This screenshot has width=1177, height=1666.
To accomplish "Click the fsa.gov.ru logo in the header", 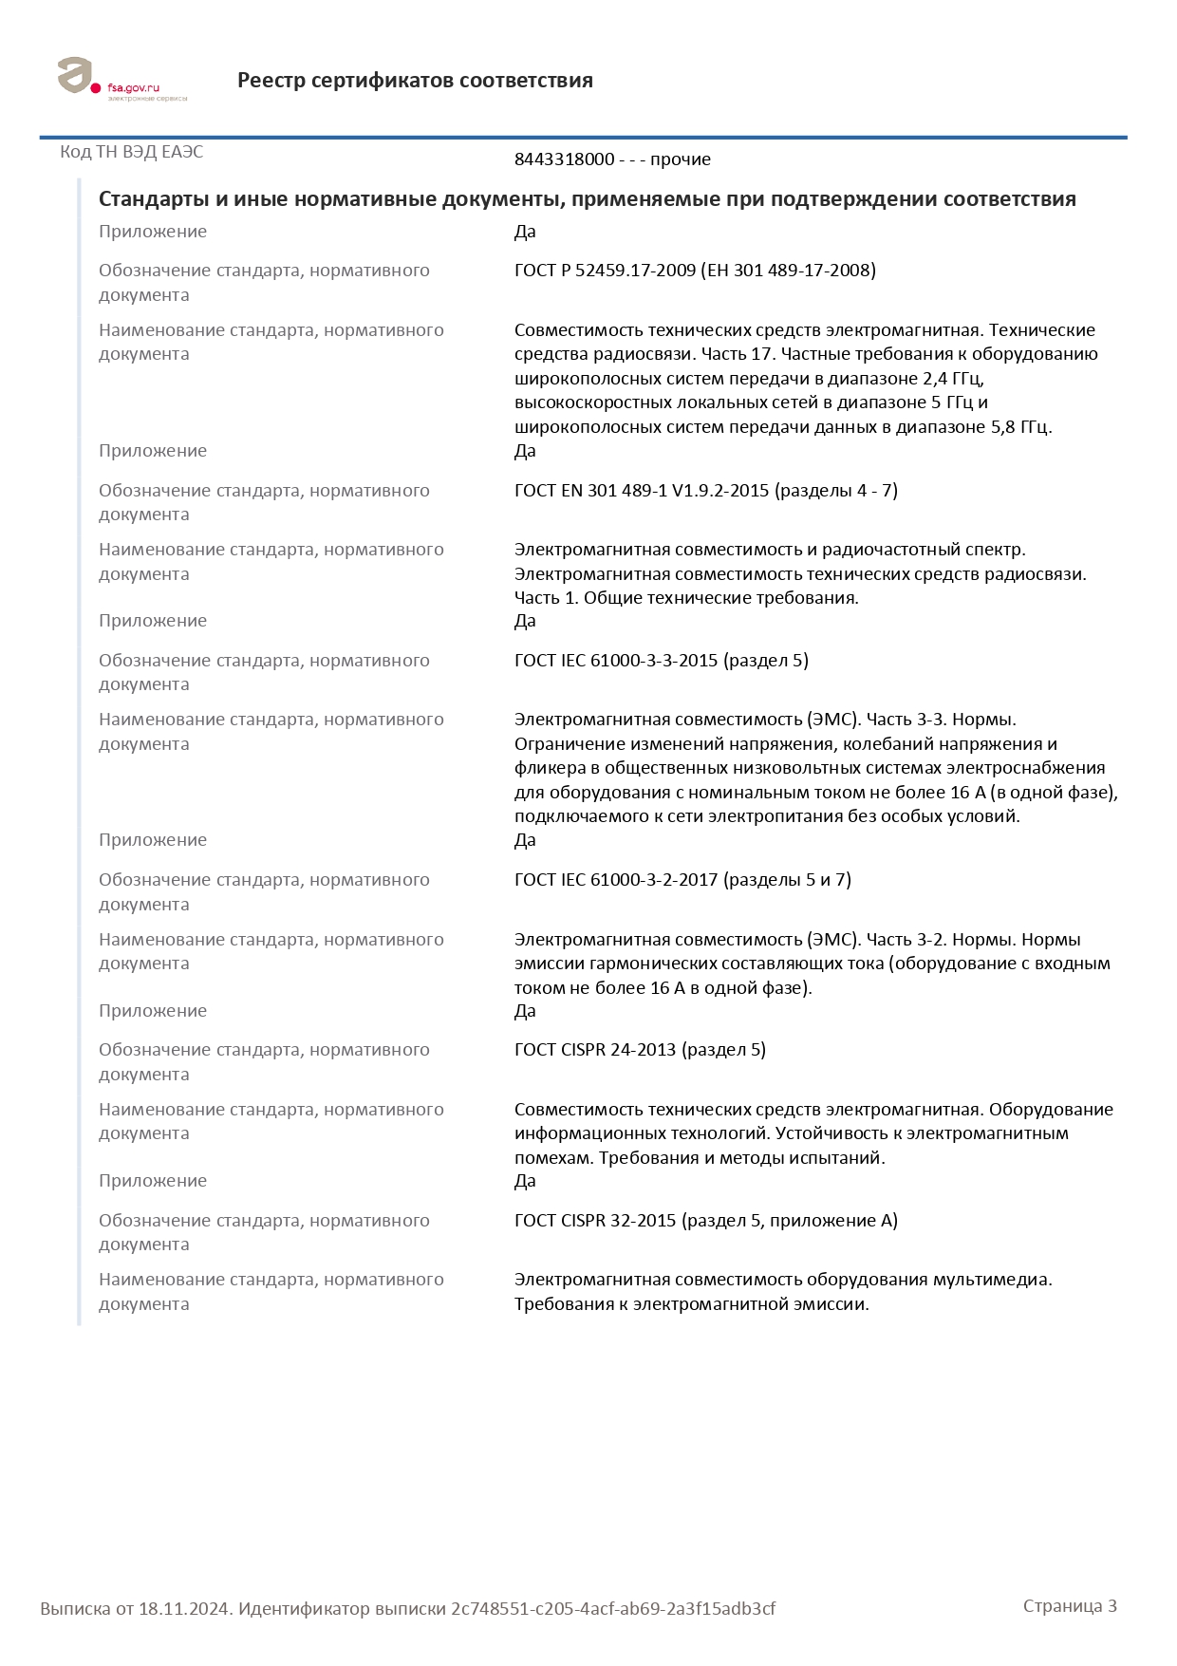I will coord(121,80).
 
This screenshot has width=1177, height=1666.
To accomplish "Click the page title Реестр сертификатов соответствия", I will coord(415,81).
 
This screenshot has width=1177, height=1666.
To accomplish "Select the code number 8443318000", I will coord(564,159).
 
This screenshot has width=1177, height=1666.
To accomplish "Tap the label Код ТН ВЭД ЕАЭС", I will coord(131,152).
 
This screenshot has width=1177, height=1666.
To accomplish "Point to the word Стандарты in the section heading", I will coord(153,199).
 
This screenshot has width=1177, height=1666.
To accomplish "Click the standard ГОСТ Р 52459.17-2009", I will coord(605,271).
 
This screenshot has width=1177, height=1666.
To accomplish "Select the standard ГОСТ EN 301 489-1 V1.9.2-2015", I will coord(642,491).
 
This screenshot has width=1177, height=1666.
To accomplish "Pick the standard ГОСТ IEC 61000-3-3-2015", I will coord(616,661).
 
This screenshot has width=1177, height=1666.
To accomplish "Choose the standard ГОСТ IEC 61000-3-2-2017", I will coord(616,880).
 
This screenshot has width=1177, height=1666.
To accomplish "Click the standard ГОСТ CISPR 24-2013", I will coord(595,1050).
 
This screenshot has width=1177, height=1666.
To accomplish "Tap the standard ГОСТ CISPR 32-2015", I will coord(595,1221).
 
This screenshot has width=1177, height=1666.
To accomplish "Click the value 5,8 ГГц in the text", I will coord(1020,427).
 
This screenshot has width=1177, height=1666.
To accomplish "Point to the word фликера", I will coord(547,768).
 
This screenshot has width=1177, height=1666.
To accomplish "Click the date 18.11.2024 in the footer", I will coord(184,1609).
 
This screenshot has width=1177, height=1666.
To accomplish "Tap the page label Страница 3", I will coord(1070,1606).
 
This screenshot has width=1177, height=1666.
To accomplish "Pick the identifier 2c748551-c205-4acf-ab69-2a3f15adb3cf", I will coord(613,1609).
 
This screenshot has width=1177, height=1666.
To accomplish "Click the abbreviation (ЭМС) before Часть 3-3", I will coord(832,720).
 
